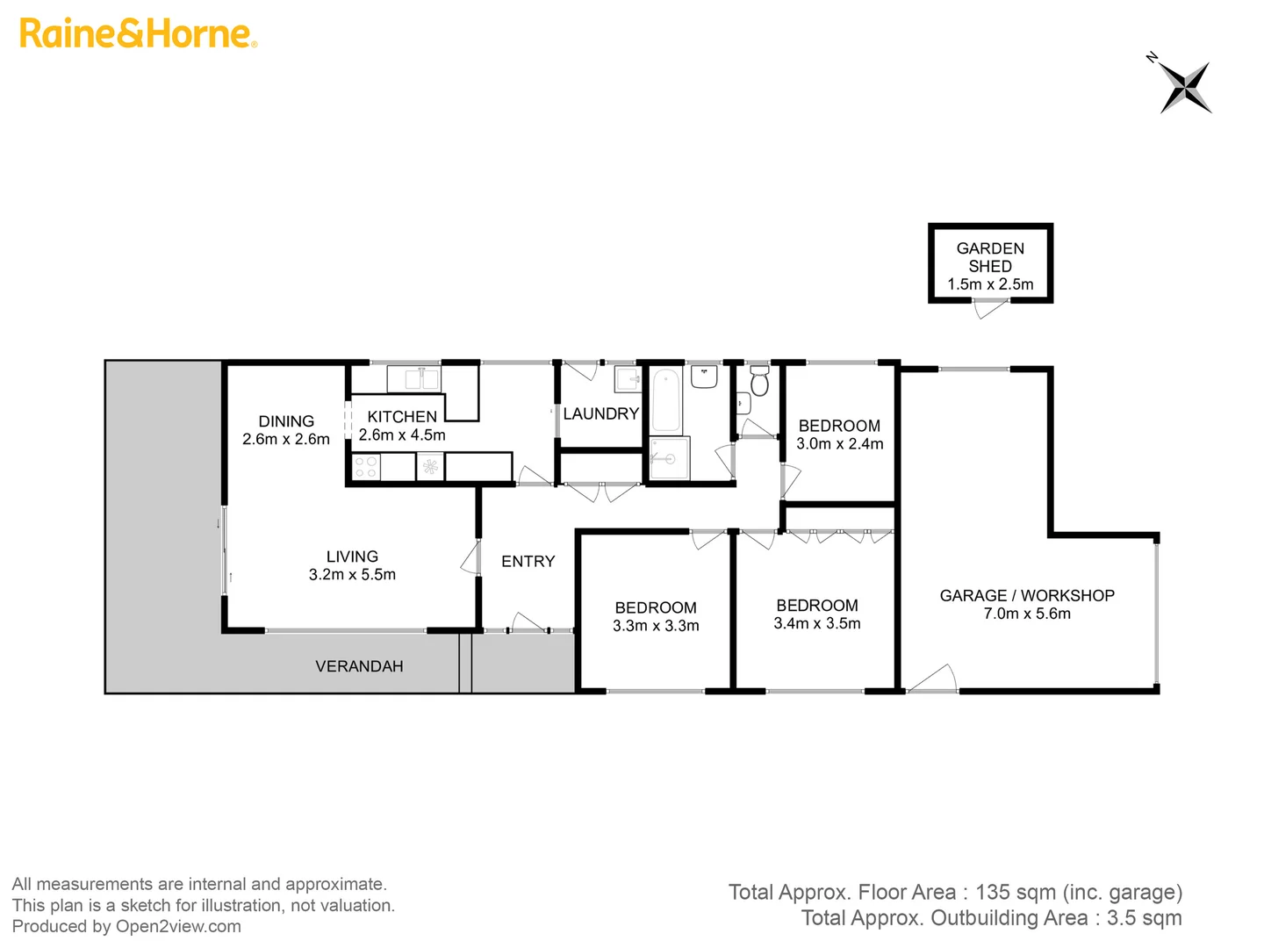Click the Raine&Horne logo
click(x=138, y=33)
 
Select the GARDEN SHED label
click(x=990, y=257)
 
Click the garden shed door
click(x=990, y=308)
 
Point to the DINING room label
click(x=286, y=421)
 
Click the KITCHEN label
click(x=402, y=417)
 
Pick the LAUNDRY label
click(x=601, y=413)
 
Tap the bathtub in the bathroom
click(x=666, y=400)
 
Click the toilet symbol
click(x=759, y=382)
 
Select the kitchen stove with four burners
click(x=366, y=467)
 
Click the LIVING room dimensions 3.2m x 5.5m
click(x=352, y=575)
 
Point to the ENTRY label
click(x=528, y=562)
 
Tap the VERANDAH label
click(x=359, y=666)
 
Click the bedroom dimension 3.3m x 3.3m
click(x=656, y=626)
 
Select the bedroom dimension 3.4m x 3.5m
click(x=817, y=624)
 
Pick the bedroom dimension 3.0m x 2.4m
click(x=840, y=444)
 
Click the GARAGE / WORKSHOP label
click(x=1027, y=595)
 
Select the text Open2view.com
click(x=179, y=927)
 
